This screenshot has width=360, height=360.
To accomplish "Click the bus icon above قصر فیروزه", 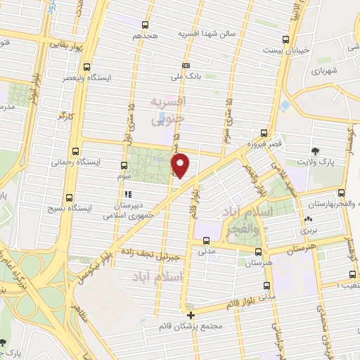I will point(264,132).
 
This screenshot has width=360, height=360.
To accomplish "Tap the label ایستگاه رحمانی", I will point(75,161).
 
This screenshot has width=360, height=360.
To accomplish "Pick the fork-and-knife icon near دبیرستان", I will point(127,194).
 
